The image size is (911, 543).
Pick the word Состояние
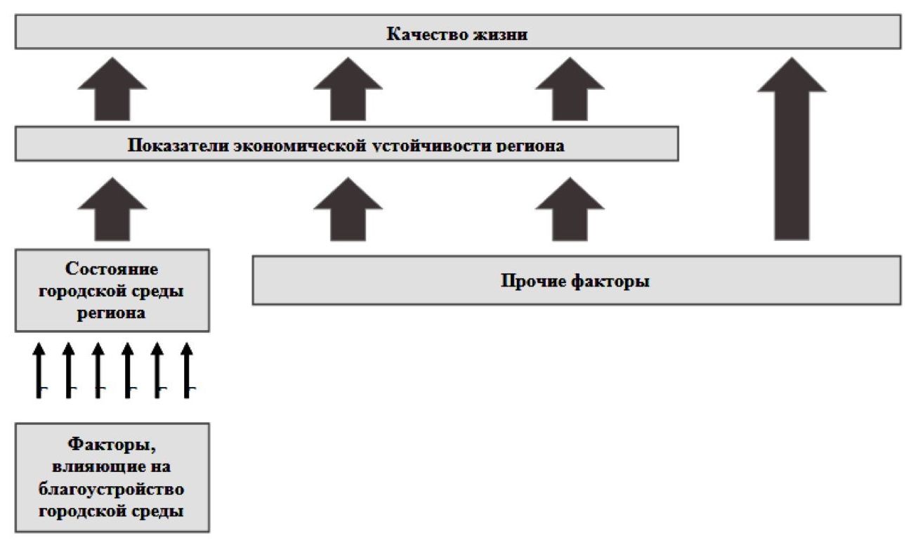tap(112, 270)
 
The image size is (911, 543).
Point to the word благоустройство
tap(112, 489)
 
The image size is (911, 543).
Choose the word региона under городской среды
tap(112, 313)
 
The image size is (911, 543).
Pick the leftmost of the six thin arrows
tap(39, 369)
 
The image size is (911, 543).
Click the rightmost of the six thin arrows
tap(187, 369)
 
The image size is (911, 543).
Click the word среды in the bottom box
tap(159, 511)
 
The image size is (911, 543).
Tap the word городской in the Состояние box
tap(85, 292)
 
